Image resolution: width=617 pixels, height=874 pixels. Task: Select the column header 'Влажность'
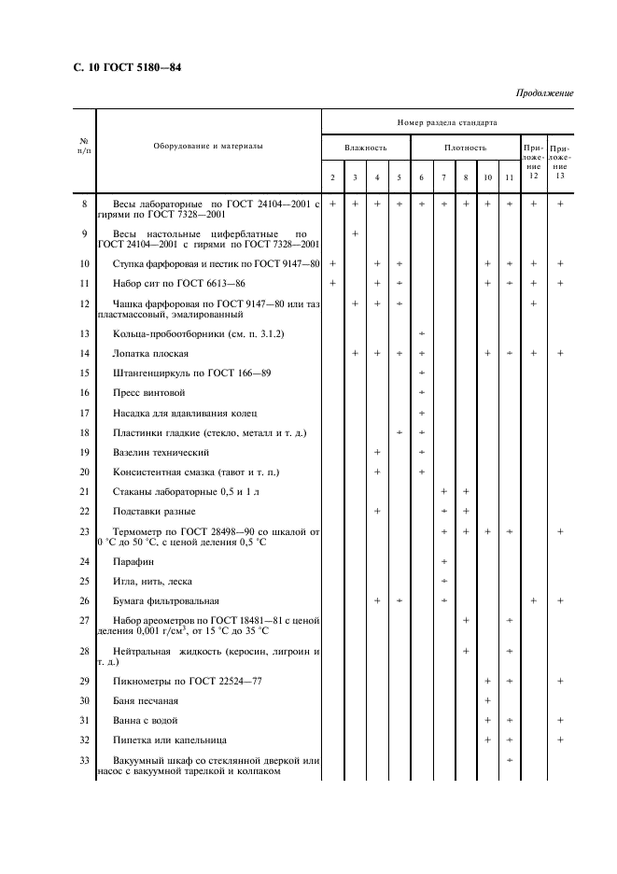365,147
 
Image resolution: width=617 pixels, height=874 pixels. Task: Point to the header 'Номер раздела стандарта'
447,122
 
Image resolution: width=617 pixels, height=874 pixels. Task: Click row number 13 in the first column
85,332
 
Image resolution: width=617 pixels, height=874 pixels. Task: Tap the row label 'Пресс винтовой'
142,392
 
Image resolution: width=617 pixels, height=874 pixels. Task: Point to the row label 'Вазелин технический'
154,452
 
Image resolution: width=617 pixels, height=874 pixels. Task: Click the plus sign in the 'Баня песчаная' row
487,700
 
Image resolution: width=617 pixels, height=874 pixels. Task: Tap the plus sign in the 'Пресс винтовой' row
422,392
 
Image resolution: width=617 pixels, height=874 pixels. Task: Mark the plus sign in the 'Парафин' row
443,561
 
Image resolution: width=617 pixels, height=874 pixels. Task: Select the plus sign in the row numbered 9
355,233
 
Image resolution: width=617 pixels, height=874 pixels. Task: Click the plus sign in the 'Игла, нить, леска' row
443,581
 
